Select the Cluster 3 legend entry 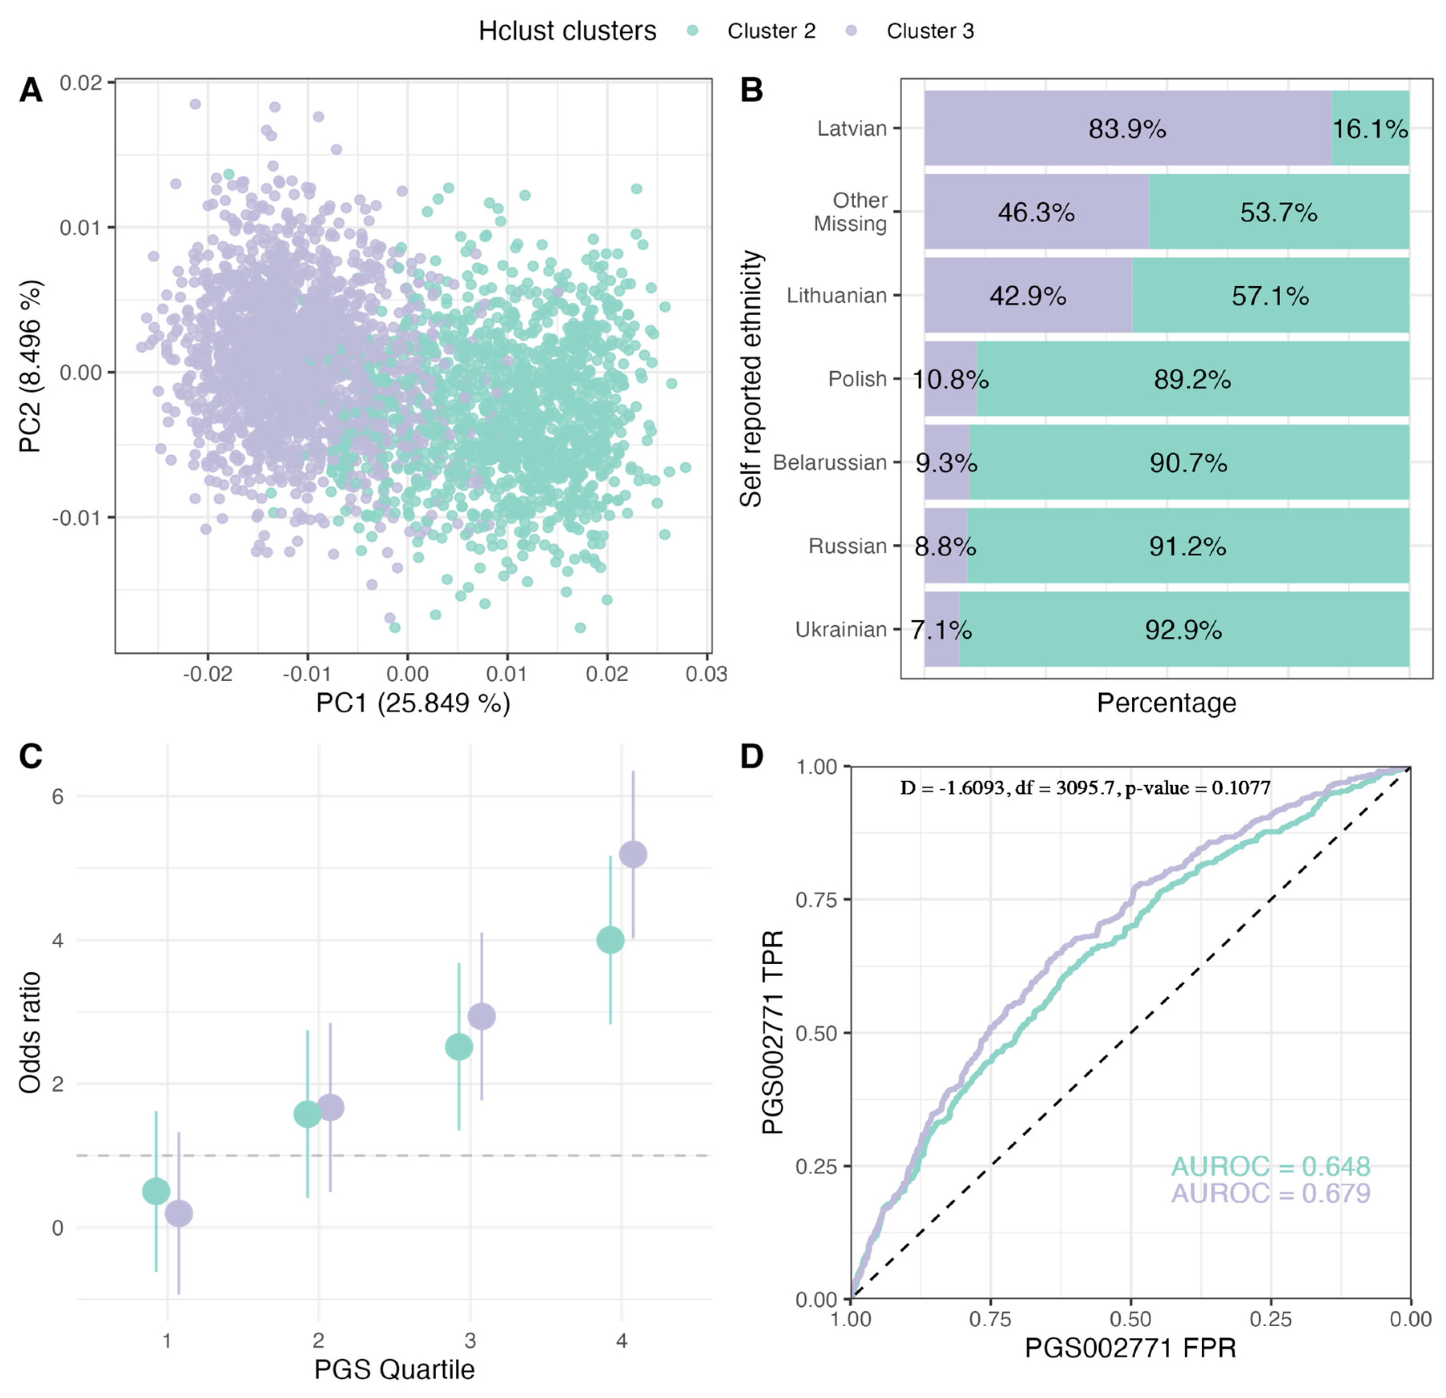[929, 31]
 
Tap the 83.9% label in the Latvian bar [1126, 129]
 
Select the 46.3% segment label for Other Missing [1036, 213]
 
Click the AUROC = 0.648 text [1271, 1167]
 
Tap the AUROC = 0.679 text [1271, 1193]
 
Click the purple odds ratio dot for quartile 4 [632, 854]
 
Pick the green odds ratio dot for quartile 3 [459, 1046]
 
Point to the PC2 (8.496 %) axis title [31, 367]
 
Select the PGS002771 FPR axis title [1130, 1349]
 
